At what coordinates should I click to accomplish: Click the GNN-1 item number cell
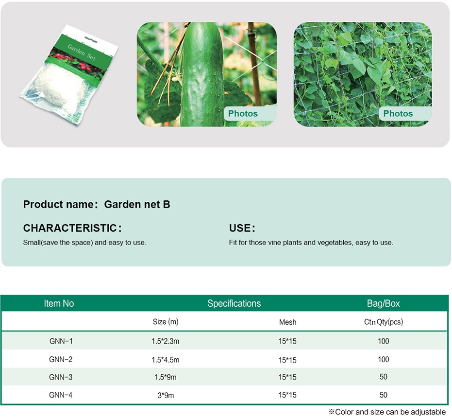coord(61,341)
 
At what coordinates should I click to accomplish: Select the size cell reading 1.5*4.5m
coord(166,360)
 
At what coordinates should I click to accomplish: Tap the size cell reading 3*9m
coord(166,395)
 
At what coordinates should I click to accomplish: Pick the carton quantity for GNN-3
coord(384,377)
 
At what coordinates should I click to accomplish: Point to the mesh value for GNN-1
coord(287,341)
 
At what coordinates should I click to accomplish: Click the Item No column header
coord(59,303)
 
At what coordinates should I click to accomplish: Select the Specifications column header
coord(234,303)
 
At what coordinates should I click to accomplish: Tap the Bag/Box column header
coord(384,303)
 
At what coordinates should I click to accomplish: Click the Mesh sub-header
coord(288,322)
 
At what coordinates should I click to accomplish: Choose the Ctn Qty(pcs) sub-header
coord(384,322)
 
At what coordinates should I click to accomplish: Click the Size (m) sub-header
coord(166,322)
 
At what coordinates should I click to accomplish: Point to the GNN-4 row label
coord(61,395)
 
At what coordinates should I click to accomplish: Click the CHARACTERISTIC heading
coord(72,228)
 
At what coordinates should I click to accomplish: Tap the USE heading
coord(242,228)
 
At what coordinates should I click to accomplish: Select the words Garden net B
coord(137,204)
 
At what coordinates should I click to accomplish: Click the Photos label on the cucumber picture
coord(243,113)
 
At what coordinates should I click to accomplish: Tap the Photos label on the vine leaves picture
coord(398,113)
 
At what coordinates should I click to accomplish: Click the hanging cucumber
coord(202,75)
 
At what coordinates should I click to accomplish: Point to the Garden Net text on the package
coord(82,52)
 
